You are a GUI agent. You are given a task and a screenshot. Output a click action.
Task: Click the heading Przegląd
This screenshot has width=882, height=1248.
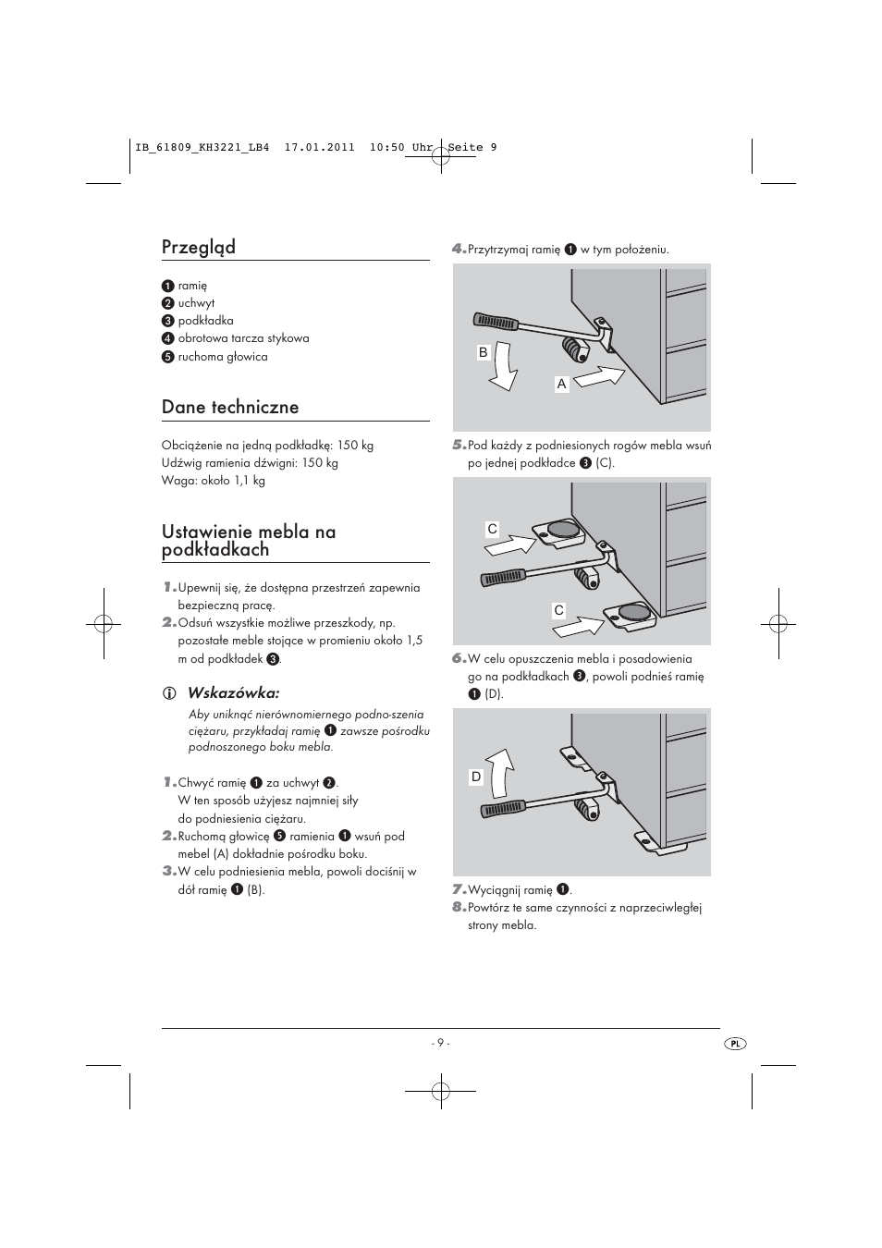[x=198, y=247]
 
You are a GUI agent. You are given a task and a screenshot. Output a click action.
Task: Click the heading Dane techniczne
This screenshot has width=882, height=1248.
[x=229, y=407]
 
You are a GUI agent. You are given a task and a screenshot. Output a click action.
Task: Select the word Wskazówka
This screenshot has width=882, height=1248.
[x=233, y=692]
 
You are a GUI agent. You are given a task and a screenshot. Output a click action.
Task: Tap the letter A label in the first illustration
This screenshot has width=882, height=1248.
[x=561, y=384]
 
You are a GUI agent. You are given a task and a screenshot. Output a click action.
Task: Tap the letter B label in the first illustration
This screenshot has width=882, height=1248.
[x=483, y=352]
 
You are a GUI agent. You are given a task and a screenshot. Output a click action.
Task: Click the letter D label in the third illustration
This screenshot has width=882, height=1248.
[x=476, y=777]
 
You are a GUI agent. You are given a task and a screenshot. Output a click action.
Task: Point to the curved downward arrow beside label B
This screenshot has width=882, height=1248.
[x=505, y=365]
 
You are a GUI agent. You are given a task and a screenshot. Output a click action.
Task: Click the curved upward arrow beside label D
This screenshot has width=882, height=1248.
[x=499, y=772]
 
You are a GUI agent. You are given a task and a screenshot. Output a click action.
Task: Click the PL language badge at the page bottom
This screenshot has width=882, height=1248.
[x=735, y=1043]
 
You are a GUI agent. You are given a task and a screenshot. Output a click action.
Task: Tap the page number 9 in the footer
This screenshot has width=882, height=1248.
[x=440, y=1043]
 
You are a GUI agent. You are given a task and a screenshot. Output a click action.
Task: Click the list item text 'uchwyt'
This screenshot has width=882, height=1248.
[x=196, y=303]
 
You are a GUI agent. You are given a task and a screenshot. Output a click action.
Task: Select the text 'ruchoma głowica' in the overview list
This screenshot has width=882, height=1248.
[x=223, y=357]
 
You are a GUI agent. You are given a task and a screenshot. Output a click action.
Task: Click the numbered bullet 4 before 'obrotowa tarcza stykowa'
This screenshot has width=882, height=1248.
[x=168, y=338]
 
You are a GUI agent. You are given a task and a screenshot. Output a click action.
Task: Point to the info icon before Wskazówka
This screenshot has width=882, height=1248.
[x=168, y=693]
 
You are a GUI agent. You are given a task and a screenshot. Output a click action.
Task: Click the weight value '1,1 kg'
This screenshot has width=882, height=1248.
[x=246, y=481]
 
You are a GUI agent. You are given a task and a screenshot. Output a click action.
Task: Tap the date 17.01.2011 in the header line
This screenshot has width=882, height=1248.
[x=319, y=147]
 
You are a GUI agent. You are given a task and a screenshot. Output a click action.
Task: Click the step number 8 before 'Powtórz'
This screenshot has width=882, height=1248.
[x=458, y=907]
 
